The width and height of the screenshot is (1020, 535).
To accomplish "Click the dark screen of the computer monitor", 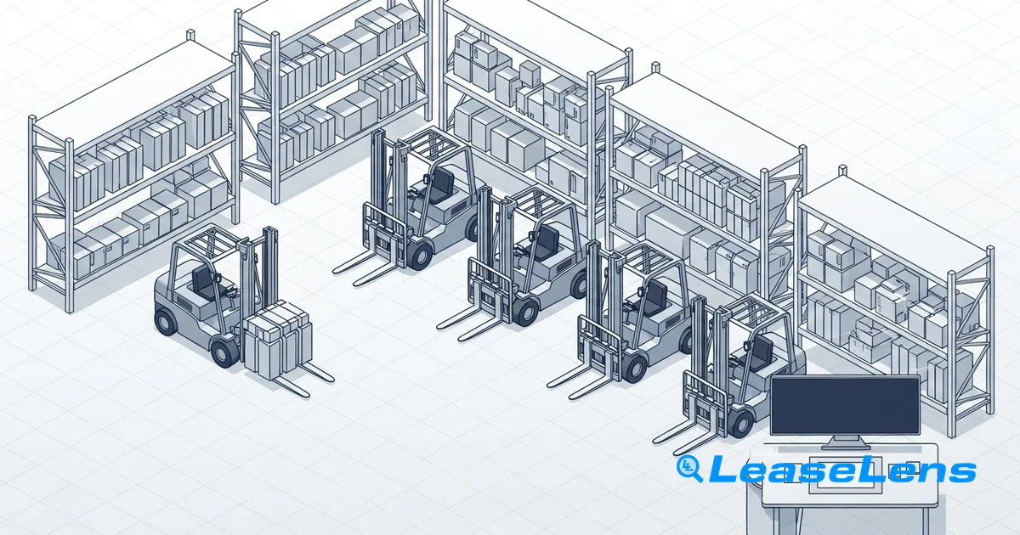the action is [845, 406].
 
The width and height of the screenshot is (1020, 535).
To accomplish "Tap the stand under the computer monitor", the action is [845, 442].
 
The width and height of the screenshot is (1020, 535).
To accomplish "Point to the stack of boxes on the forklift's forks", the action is [278, 340].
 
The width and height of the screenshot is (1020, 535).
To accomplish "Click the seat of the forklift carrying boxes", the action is [202, 283].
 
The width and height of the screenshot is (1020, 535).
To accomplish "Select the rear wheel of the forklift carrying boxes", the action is [165, 321].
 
